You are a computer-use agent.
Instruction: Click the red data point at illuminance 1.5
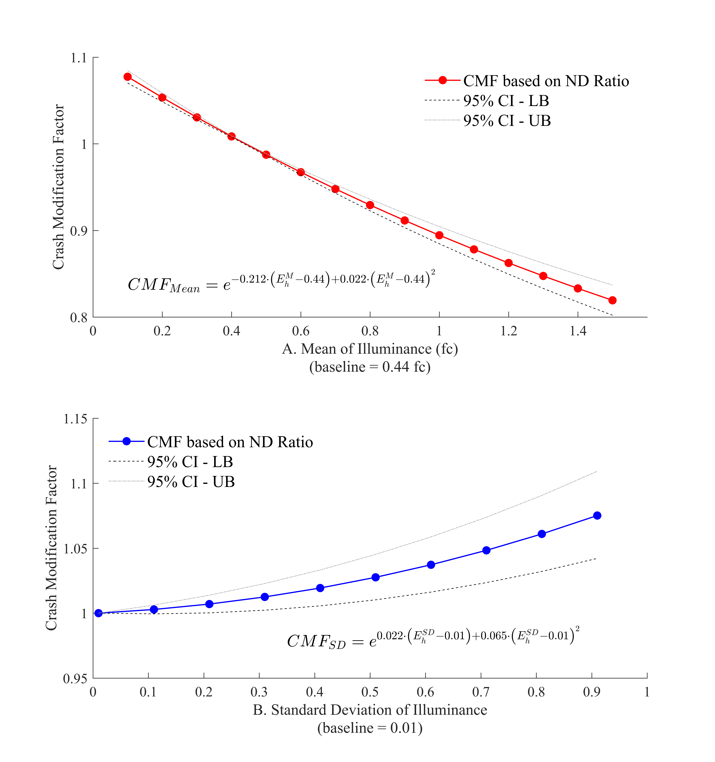[612, 300]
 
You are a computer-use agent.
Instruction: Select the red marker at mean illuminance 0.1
[128, 77]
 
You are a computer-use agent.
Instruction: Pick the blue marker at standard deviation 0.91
[597, 515]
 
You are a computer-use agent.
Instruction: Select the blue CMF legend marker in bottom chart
[126, 442]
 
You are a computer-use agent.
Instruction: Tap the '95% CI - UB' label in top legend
[507, 121]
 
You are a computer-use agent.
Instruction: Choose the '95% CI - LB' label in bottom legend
[190, 462]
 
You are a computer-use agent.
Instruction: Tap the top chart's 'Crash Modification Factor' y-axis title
[58, 187]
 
